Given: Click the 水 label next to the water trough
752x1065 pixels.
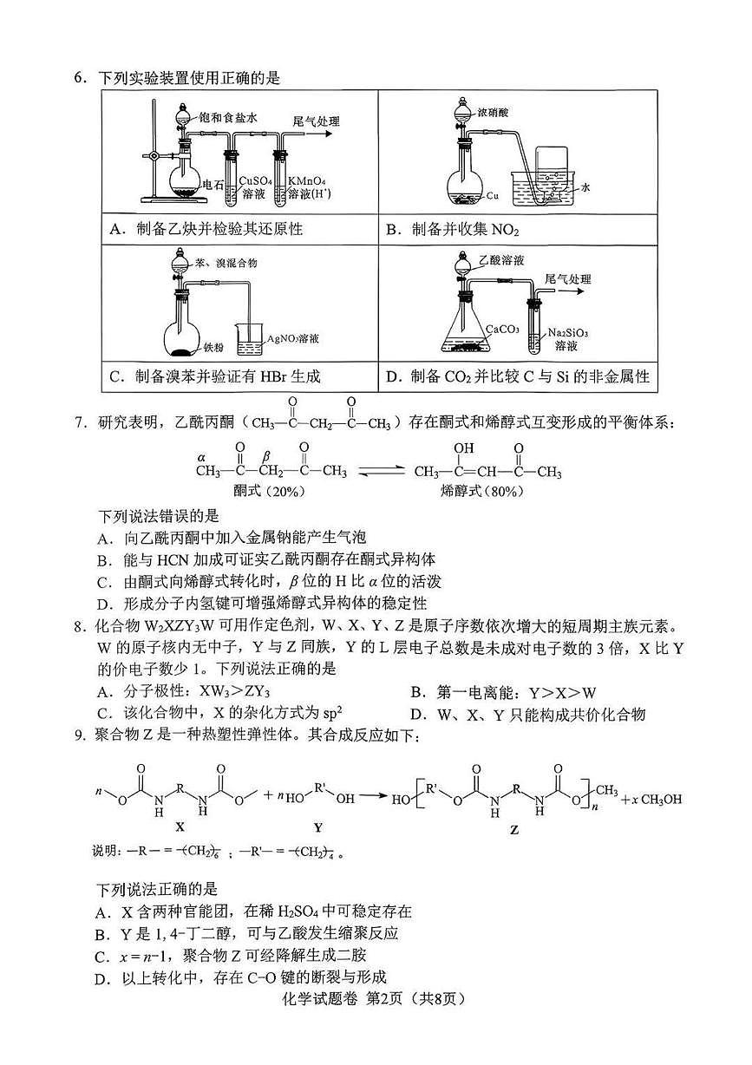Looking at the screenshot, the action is [x=586, y=186].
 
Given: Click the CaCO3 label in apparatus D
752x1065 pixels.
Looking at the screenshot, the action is [x=503, y=329].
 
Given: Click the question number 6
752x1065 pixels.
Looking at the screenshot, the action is [x=79, y=78].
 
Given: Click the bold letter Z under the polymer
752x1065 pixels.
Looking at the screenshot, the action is [x=514, y=829].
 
